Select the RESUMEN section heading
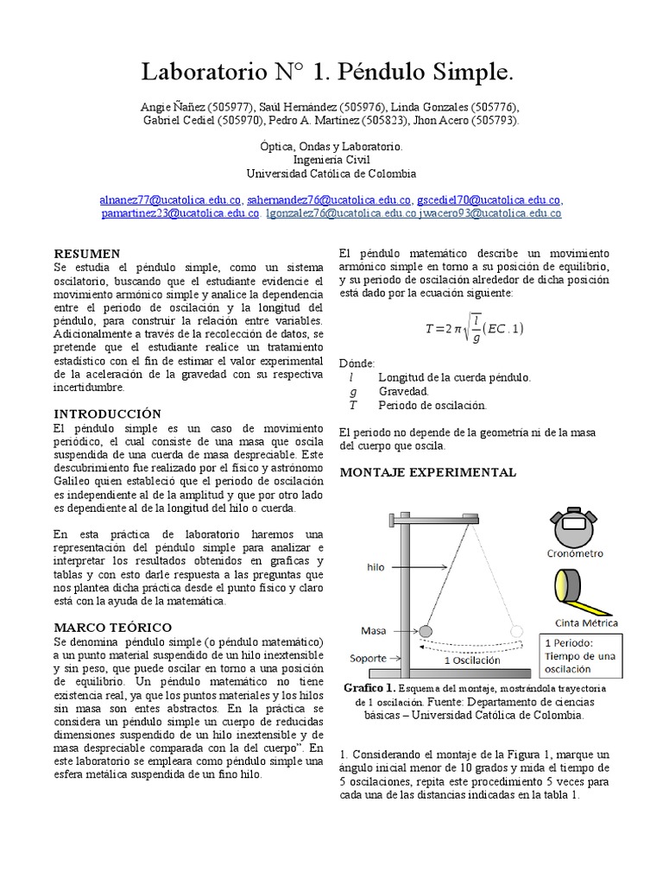87,254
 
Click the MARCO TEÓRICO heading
113,627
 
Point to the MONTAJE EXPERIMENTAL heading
428,472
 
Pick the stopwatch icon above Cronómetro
574,526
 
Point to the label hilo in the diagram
376,567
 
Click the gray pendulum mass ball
426,631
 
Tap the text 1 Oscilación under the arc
472,660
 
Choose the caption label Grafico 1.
369,688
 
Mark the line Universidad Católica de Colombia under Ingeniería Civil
331,173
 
